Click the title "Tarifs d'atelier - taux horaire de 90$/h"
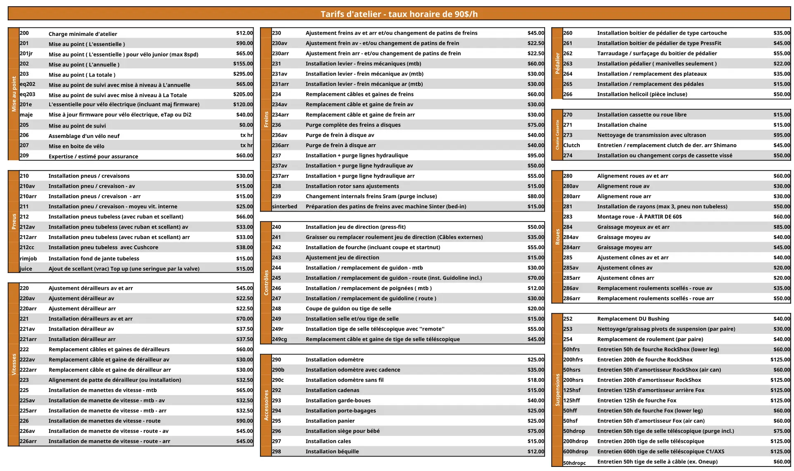[399, 14]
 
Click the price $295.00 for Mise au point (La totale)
[243, 74]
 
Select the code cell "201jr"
[26, 54]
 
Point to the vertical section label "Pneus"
[14, 221]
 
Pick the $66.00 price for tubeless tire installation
[244, 216]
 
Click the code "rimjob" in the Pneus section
[28, 259]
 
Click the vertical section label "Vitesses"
[14, 364]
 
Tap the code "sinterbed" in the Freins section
[285, 207]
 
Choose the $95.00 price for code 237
[536, 155]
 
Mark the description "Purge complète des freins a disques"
[353, 125]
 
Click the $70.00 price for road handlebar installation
[536, 278]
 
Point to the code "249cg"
[280, 339]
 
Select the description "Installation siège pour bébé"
[342, 431]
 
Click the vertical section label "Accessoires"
[266, 405]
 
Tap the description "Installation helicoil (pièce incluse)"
[642, 94]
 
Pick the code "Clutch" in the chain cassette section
[572, 145]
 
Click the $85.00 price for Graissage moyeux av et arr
[782, 227]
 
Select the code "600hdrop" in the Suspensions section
[575, 452]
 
